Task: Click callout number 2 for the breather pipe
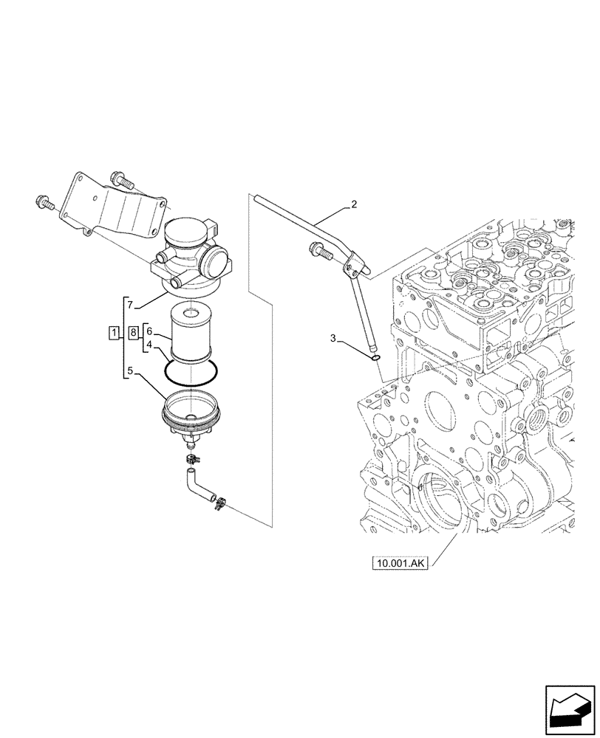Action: (x=354, y=204)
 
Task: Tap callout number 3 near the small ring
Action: (x=333, y=339)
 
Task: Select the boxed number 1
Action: (x=114, y=334)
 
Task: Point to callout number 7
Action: (x=129, y=304)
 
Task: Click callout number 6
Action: (x=149, y=332)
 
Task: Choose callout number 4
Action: (x=149, y=345)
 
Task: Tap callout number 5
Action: (x=129, y=372)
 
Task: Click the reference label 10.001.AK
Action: (x=401, y=565)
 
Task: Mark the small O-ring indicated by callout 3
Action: (x=376, y=358)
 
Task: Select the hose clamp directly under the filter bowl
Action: (x=192, y=461)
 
